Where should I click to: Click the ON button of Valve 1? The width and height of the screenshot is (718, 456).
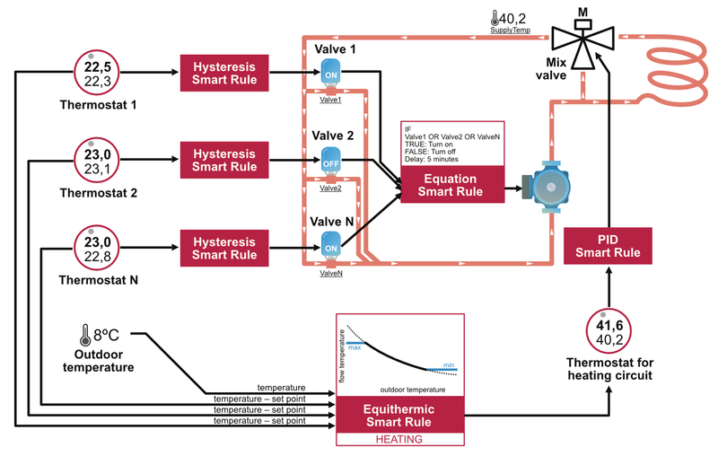[x=329, y=75]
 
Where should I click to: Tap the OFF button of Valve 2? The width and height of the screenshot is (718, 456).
[x=329, y=163]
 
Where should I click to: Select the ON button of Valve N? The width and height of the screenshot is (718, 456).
[x=329, y=248]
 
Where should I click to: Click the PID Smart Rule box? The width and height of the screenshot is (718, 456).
[x=609, y=246]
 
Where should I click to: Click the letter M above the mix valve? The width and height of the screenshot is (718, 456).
[x=583, y=11]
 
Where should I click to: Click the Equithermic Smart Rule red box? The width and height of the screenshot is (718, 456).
[x=399, y=415]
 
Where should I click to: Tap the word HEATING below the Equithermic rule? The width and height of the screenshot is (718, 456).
[x=399, y=439]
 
